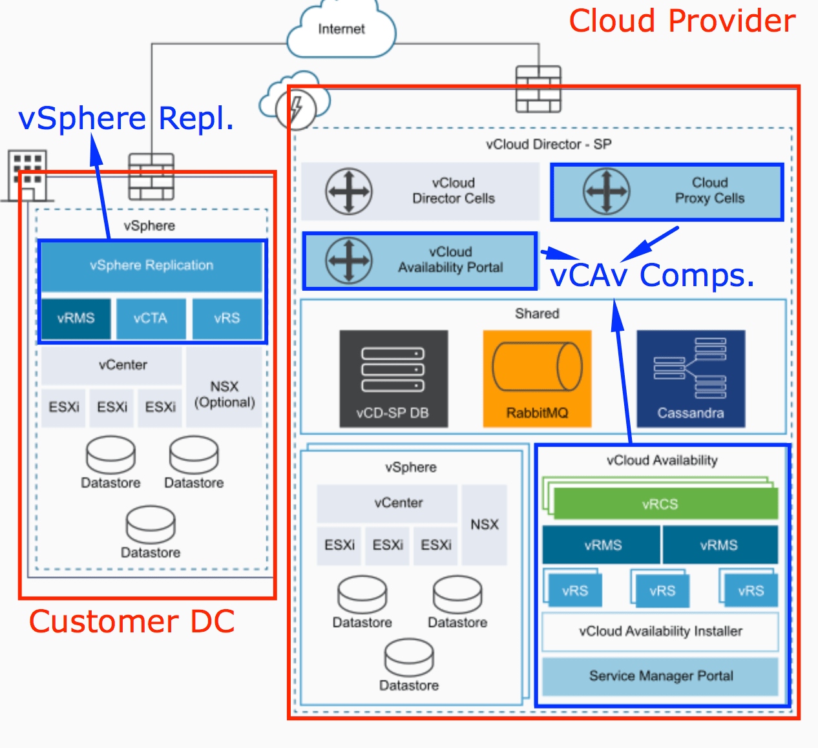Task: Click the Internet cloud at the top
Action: coord(341,30)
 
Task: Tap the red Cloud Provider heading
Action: coord(682,21)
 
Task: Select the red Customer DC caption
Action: coord(132,621)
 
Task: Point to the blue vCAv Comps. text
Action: coord(652,276)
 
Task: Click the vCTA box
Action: coord(151,318)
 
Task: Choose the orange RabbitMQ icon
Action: coord(537,379)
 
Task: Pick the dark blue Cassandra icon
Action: coord(691,379)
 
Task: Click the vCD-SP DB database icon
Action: coord(393,379)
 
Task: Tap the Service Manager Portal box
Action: coord(660,676)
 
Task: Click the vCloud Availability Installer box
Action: coord(660,631)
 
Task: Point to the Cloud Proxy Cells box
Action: coord(667,191)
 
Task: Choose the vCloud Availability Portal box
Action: coord(420,260)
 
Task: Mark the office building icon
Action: coord(27,174)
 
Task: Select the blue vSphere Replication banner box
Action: coord(151,265)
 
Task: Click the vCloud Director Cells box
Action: coord(420,191)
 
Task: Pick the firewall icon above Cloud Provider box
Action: coord(538,88)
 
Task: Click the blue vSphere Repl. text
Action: coord(126,118)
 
